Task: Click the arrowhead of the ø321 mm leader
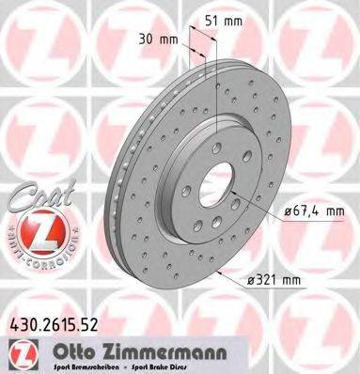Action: tap(215, 271)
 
